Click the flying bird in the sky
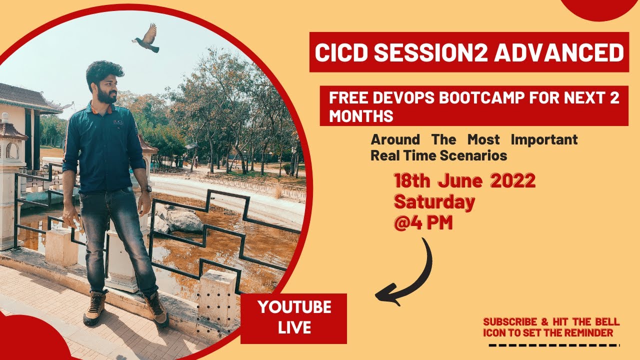click(x=146, y=39)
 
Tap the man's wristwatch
click(x=146, y=188)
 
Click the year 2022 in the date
click(x=513, y=181)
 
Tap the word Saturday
click(x=434, y=202)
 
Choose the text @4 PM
click(x=423, y=223)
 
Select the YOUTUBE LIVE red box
click(x=293, y=318)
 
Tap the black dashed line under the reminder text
click(x=553, y=345)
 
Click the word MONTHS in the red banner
click(x=360, y=116)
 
